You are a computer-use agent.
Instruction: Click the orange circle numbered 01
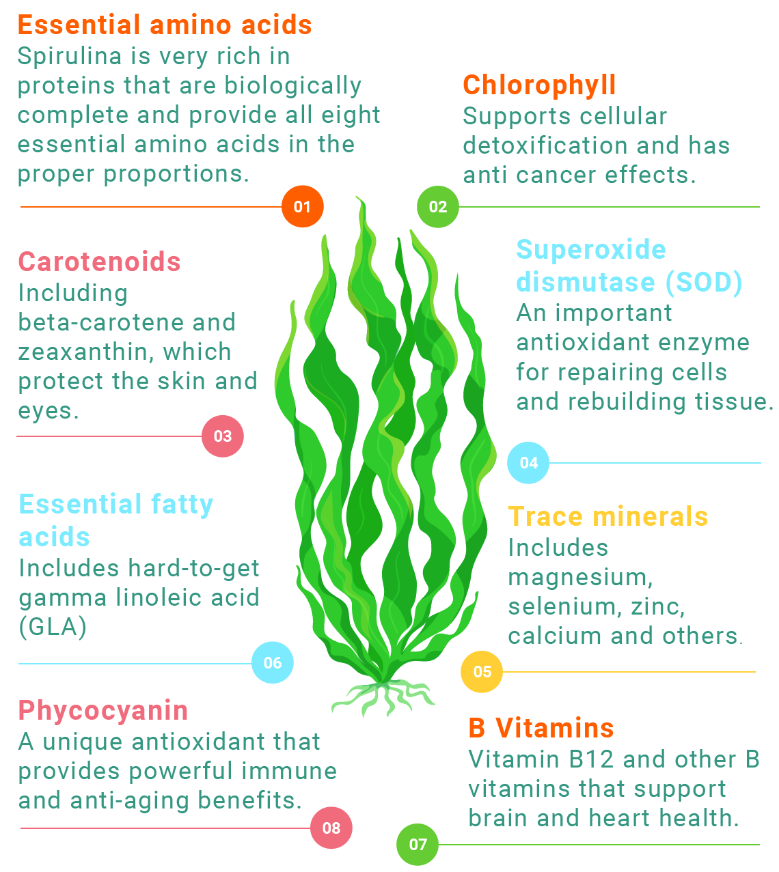click(303, 207)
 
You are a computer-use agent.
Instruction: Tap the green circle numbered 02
click(438, 207)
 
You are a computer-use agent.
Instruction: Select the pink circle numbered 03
click(223, 436)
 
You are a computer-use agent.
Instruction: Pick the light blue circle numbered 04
click(528, 463)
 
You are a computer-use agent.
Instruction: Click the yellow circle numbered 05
click(482, 671)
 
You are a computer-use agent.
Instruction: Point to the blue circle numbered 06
click(272, 662)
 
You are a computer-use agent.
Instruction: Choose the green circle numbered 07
click(417, 845)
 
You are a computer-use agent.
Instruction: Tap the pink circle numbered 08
click(331, 828)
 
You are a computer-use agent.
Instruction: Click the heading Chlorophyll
click(539, 86)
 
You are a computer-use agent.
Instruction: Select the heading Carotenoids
click(100, 262)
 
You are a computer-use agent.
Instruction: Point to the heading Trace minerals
click(608, 516)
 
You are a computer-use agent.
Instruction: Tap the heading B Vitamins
click(541, 728)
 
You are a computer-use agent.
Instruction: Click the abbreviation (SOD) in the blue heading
click(704, 282)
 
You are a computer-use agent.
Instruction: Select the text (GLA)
click(53, 627)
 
